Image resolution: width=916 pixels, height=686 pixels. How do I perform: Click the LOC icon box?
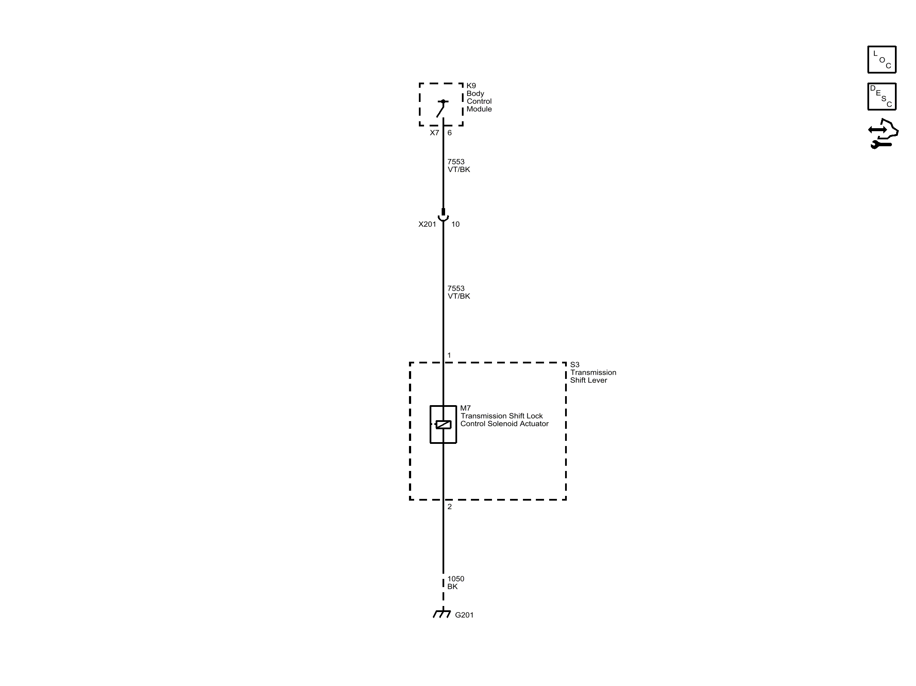[x=882, y=59]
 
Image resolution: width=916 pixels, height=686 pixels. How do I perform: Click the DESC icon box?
[x=882, y=96]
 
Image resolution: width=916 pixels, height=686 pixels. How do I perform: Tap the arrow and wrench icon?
[x=883, y=134]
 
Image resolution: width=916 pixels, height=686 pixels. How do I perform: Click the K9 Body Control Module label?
[x=479, y=97]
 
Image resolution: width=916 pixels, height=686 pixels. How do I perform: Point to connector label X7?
[x=434, y=132]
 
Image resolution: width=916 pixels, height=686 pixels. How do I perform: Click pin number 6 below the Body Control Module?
[x=449, y=132]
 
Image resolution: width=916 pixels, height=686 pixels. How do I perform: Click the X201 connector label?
[x=427, y=224]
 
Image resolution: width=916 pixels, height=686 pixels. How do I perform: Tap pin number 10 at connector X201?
[x=455, y=224]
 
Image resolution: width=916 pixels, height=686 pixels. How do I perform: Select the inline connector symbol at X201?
[x=443, y=215]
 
